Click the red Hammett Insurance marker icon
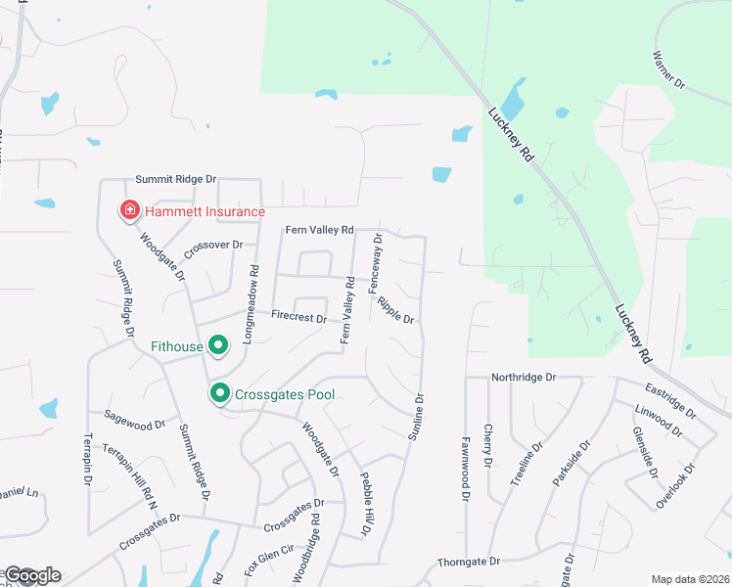coord(128,210)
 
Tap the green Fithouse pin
coord(219,345)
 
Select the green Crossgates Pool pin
coord(219,394)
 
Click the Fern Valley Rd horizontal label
coord(318,231)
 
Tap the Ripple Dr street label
coord(396,309)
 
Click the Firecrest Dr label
coord(298,318)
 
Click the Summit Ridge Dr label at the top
coord(175,180)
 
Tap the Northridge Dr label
coord(523,377)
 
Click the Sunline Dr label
coord(418,415)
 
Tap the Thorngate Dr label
coord(469,562)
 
